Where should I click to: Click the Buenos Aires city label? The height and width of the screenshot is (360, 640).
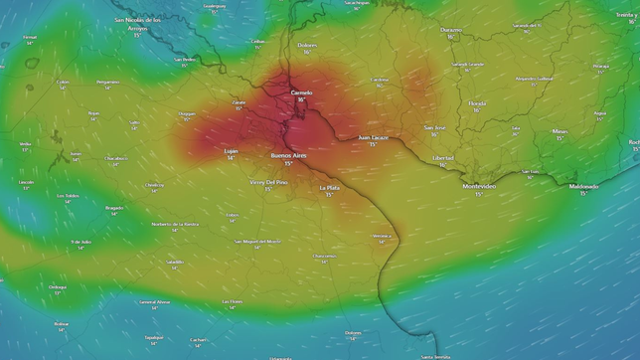tap(288, 155)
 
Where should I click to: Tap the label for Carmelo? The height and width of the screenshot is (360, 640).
tap(301, 92)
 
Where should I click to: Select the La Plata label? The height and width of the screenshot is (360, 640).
tap(329, 187)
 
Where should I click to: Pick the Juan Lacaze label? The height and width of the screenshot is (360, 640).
tap(373, 137)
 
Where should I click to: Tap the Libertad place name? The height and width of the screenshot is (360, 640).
tap(442, 158)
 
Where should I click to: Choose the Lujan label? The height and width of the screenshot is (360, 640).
tap(231, 150)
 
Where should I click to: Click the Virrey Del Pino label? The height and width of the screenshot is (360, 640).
tap(268, 182)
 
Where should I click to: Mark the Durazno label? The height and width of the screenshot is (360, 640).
tap(451, 29)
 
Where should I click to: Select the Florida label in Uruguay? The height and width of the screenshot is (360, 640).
tap(477, 102)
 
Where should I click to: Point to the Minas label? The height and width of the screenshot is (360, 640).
tap(560, 130)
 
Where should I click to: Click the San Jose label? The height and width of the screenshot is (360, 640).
tap(434, 127)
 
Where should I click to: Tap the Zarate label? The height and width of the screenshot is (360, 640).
tap(239, 101)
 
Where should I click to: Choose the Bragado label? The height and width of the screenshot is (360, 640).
tap(114, 207)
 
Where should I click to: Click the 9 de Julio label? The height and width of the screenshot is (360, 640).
tap(80, 242)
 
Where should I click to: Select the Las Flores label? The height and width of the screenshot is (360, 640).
tap(232, 301)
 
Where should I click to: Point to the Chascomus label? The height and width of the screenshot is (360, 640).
tap(324, 256)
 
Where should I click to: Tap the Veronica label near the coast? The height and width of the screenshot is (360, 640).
tap(381, 236)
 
